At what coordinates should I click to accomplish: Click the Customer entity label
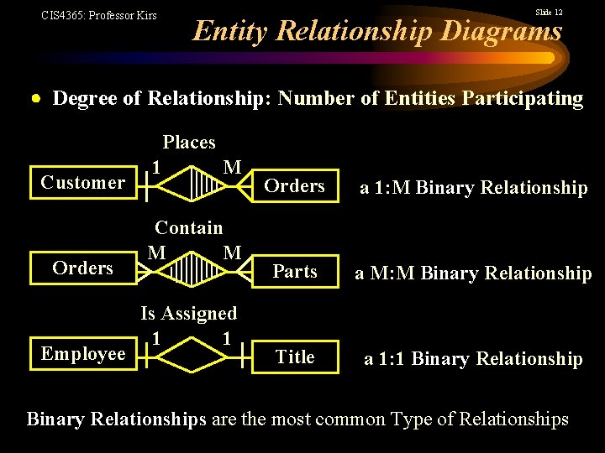pos(83,183)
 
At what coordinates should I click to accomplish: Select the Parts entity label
pos(295,272)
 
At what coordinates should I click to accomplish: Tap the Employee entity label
pos(83,354)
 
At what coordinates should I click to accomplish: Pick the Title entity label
pos(295,357)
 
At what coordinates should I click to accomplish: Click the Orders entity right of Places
pos(294,186)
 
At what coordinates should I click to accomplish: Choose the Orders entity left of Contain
pos(82,268)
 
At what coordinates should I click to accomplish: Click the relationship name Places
pos(189,143)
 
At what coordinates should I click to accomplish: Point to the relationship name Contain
pos(189,227)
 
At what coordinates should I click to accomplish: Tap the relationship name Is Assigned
pos(189,314)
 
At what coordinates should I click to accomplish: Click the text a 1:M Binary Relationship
pos(474,188)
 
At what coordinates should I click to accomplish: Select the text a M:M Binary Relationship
pos(473,273)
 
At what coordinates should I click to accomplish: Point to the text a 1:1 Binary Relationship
pos(473,359)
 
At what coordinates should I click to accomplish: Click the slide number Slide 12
pos(549,13)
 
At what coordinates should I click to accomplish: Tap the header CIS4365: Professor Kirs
pos(99,15)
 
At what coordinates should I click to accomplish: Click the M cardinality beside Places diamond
pos(233,167)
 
